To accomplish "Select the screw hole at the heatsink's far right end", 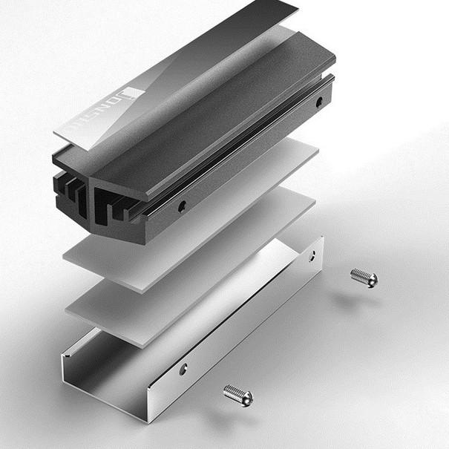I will click(318, 101).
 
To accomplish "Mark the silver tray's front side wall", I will click(223, 349).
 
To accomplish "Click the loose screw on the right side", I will click(364, 278).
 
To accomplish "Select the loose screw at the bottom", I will click(238, 396).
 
